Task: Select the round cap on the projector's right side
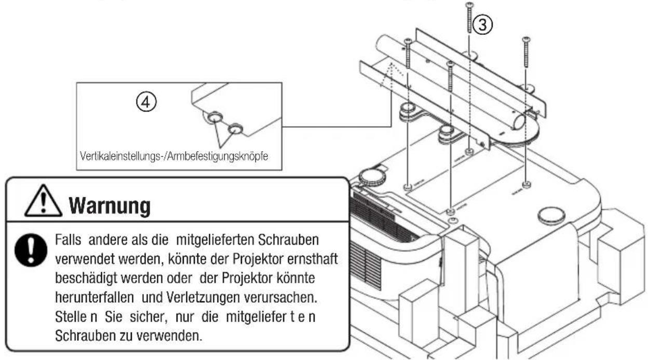click(550, 215)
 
